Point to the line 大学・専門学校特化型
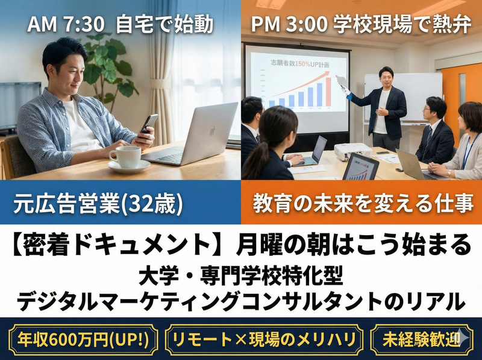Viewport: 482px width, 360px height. click(x=240, y=278)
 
